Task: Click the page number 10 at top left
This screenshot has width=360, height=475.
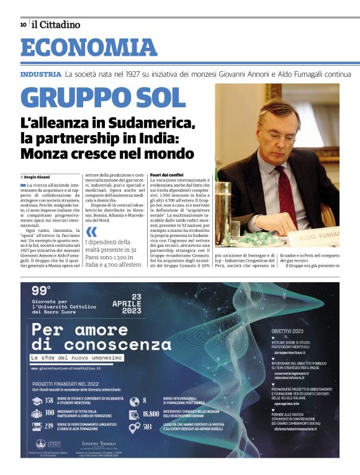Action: tap(23, 24)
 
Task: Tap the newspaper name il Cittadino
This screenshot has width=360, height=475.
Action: tap(56, 24)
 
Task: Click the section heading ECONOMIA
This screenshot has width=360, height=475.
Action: tap(89, 48)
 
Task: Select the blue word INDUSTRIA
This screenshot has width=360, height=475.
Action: tap(41, 74)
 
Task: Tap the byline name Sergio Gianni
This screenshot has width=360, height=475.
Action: tap(39, 177)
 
